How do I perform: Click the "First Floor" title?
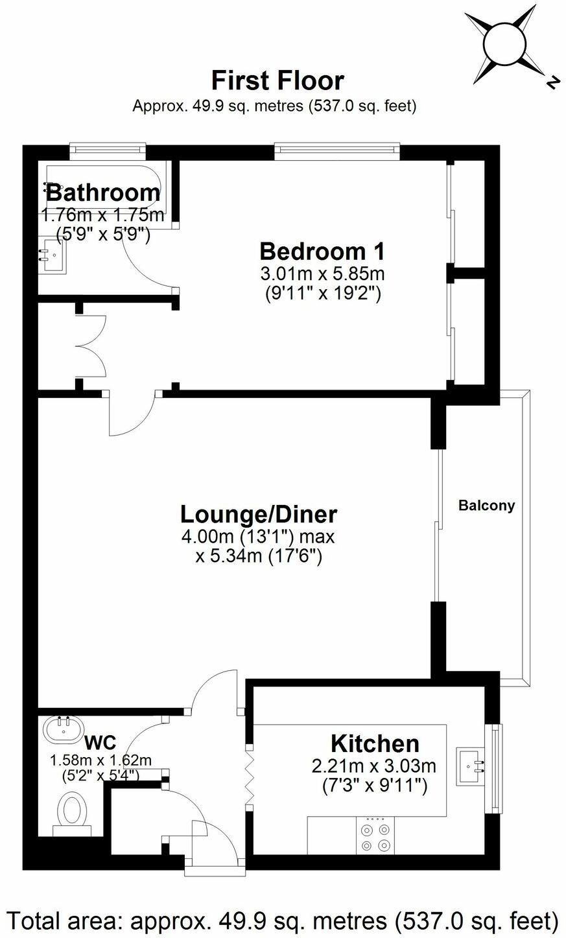click(277, 80)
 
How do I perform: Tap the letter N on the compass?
click(552, 82)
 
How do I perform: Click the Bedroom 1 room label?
click(322, 250)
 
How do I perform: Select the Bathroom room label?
click(102, 192)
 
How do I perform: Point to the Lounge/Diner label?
click(258, 514)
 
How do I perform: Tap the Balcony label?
click(486, 505)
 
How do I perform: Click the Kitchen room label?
click(375, 743)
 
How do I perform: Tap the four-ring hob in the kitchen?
click(375, 836)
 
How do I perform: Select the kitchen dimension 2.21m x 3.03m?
click(373, 766)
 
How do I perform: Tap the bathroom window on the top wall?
click(108, 151)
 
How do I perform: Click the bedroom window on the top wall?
click(336, 151)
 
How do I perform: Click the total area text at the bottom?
click(282, 919)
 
